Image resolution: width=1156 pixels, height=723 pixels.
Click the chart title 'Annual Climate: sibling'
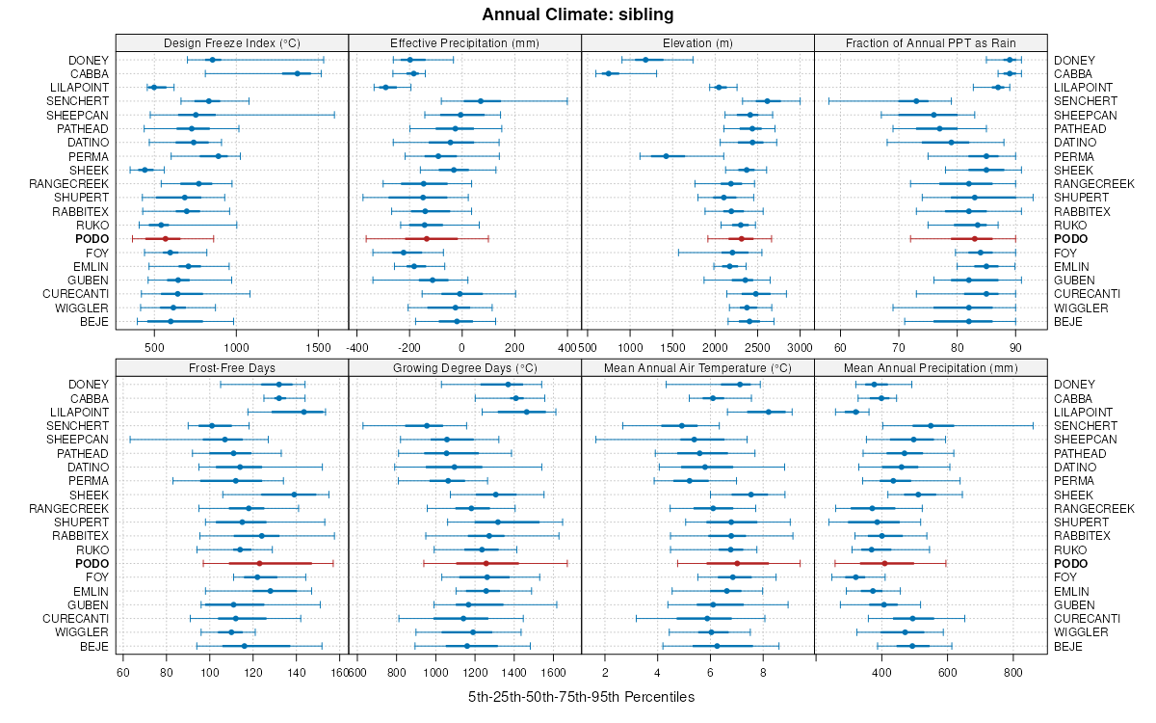point(578,14)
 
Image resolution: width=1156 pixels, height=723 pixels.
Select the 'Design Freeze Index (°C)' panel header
point(232,42)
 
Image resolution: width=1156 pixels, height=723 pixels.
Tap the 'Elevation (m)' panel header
point(697,42)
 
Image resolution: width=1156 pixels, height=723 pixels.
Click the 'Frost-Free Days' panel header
point(232,367)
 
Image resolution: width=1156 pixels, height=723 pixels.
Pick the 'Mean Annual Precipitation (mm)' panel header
point(931,367)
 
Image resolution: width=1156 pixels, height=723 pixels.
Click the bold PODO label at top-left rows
point(92,239)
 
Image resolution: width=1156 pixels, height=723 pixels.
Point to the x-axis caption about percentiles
point(581,696)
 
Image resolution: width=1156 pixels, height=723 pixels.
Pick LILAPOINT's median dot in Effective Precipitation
point(385,88)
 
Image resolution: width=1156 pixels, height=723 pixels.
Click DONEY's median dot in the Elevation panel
point(645,60)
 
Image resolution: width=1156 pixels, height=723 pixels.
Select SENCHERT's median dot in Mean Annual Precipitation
point(931,425)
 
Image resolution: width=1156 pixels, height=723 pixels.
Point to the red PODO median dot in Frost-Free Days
point(259,563)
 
